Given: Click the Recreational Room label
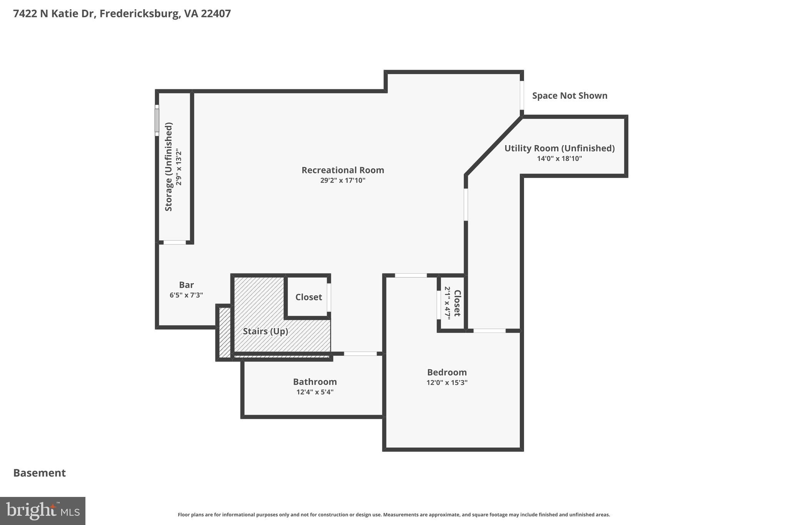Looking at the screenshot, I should click(342, 170).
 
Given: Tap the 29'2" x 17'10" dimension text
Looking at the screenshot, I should click(342, 180).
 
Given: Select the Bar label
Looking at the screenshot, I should click(186, 285).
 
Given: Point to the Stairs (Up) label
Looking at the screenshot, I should click(265, 331).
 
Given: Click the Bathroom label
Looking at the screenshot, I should click(315, 382).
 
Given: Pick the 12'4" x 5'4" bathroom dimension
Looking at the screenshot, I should click(315, 392).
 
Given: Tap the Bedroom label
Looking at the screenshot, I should click(447, 372).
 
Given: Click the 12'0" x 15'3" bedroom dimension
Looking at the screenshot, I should click(447, 382).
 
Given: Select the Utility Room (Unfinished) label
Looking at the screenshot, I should click(559, 148).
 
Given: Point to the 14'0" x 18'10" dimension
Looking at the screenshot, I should click(559, 158).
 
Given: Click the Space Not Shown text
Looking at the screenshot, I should click(569, 96).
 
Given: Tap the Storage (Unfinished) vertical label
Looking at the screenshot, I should click(169, 167).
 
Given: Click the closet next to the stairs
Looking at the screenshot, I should click(309, 297).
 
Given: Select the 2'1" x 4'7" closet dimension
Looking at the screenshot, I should click(447, 303).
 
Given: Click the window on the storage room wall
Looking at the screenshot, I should click(157, 120).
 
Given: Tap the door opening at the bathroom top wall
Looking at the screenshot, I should click(360, 353).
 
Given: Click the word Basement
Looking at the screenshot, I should click(40, 473).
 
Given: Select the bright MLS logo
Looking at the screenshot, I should click(43, 511).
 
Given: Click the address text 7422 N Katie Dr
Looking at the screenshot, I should click(54, 13).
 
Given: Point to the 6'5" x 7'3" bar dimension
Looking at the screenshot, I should click(186, 295).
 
